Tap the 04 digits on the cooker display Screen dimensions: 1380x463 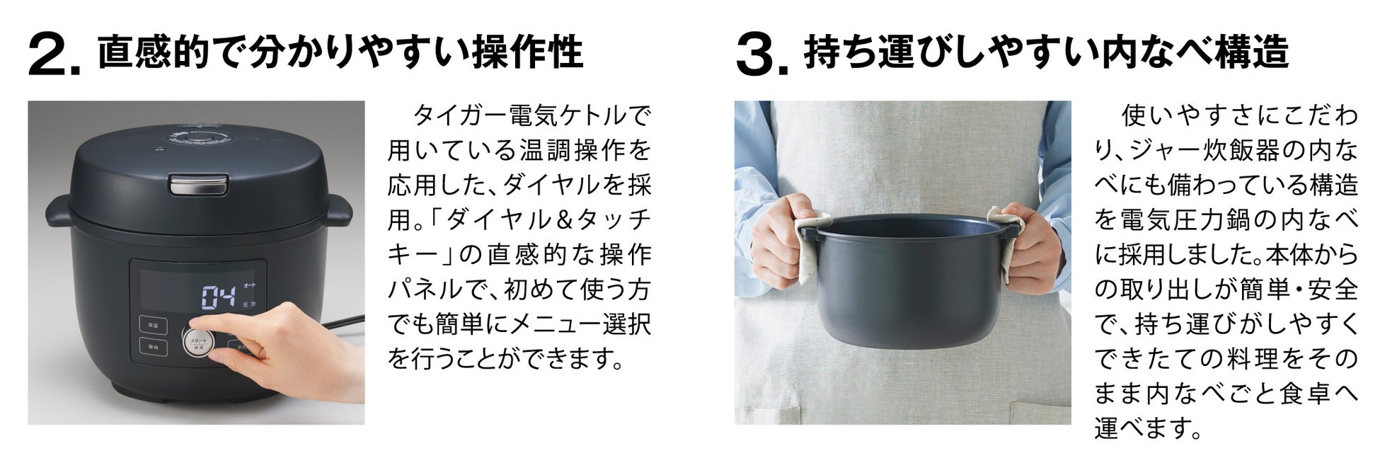tap(219, 297)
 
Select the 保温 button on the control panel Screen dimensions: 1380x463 tap(154, 326)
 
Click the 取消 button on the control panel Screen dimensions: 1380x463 tap(154, 348)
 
